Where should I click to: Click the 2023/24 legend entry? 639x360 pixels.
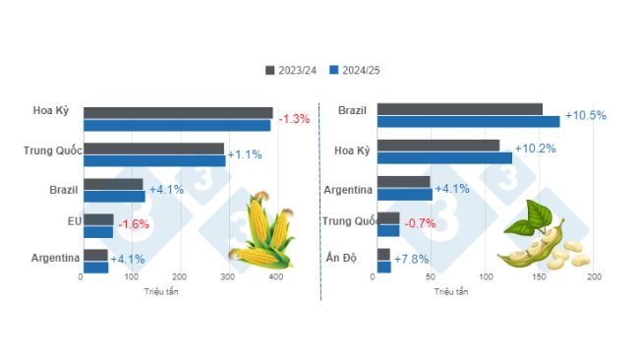[292, 70]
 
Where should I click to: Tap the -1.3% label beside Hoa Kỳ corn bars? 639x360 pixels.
[294, 119]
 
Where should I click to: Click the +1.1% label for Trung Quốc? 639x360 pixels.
[245, 154]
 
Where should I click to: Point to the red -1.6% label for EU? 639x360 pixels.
[134, 225]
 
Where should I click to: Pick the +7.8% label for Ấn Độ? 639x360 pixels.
[412, 260]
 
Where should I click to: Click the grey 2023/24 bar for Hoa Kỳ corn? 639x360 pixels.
[177, 113]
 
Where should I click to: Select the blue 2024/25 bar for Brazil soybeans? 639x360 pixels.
[468, 121]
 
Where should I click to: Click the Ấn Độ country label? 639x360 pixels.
[340, 258]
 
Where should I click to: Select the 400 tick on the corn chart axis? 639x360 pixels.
[276, 279]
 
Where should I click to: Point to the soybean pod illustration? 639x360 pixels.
[540, 240]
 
